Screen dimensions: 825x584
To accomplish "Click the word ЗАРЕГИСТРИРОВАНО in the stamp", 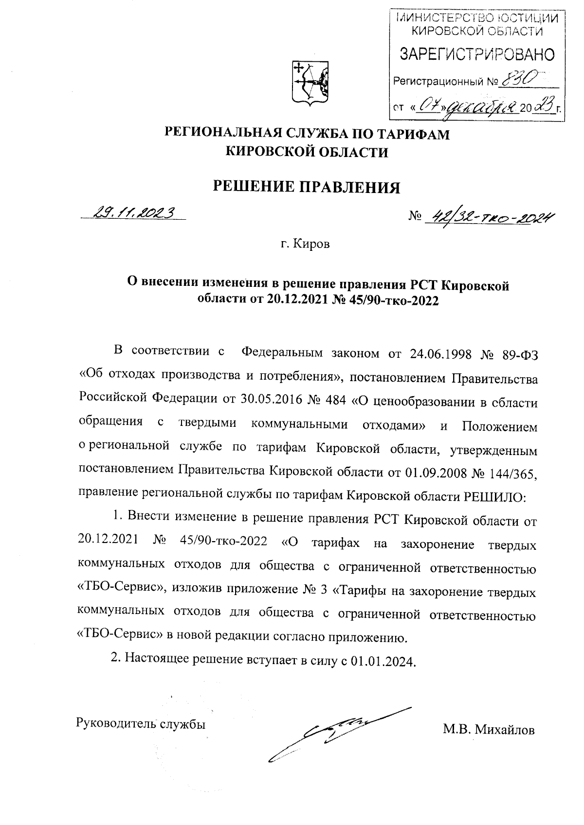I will coord(476,54).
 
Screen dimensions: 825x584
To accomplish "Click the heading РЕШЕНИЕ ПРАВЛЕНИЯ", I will coord(307,187).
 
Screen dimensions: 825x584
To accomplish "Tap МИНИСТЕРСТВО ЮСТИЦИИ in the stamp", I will coord(476,19).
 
